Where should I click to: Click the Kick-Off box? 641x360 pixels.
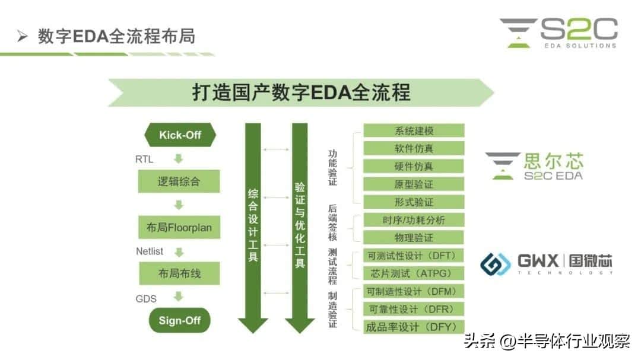coord(179,135)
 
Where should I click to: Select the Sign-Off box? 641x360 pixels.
coord(179,321)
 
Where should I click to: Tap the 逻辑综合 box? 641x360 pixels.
coord(179,181)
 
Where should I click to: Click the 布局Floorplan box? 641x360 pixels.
coord(179,228)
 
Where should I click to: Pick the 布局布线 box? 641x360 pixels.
coord(179,274)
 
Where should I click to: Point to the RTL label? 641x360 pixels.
coord(144,159)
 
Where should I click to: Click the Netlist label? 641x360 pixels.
coord(150,251)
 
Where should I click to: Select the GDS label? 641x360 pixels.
coord(146,298)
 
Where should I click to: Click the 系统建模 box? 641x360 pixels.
coord(413,130)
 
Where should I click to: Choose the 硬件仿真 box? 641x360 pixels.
coord(413,166)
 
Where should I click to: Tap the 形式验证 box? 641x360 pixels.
coord(413,202)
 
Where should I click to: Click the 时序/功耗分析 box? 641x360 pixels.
coord(413,220)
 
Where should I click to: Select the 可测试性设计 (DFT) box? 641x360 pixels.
coord(413,256)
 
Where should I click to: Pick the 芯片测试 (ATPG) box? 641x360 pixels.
coord(413,273)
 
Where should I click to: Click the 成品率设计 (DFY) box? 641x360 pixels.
coord(413,327)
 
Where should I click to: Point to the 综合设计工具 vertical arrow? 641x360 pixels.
coord(253,225)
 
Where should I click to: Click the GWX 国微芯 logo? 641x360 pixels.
coord(546,263)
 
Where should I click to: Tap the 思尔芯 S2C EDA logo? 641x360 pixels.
coord(534,166)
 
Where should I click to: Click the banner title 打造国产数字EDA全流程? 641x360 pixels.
coord(301,93)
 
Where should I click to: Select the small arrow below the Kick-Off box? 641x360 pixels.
coord(179,159)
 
